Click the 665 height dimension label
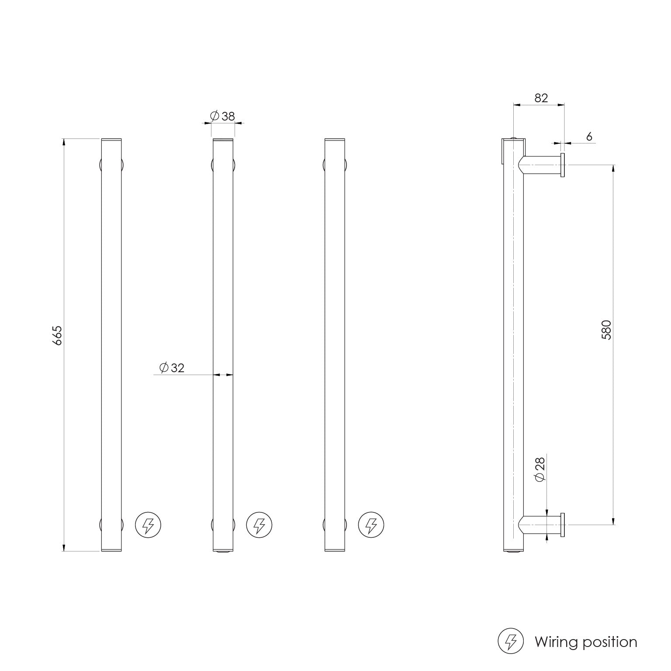point(58,335)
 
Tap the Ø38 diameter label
point(222,116)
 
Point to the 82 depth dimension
point(541,98)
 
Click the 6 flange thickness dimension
point(589,137)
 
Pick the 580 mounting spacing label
point(606,330)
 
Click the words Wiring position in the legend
point(586,642)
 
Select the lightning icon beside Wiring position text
point(511,641)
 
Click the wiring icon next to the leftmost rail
point(148,525)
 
